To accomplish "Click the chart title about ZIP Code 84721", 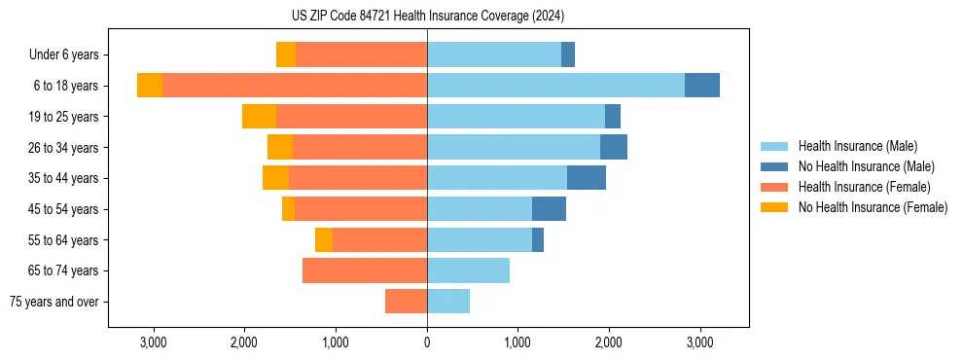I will pyautogui.click(x=427, y=16).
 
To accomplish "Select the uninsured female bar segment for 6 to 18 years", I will pyautogui.click(x=150, y=86).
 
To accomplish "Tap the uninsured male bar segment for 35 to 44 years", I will pyautogui.click(x=587, y=178).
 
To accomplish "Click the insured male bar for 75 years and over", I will pyautogui.click(x=448, y=302).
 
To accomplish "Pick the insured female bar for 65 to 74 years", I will pyautogui.click(x=365, y=270).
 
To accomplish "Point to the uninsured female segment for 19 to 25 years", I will pyautogui.click(x=259, y=117).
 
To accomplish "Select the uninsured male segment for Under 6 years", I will pyautogui.click(x=568, y=54).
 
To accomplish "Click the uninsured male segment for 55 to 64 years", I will pyautogui.click(x=538, y=239).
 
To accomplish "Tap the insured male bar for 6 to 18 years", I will pyautogui.click(x=555, y=86).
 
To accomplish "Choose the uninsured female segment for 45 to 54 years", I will pyautogui.click(x=288, y=209).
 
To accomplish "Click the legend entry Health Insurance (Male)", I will pyautogui.click(x=857, y=146).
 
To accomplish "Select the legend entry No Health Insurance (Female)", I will pyautogui.click(x=873, y=207).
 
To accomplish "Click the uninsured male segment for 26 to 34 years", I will pyautogui.click(x=614, y=147).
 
